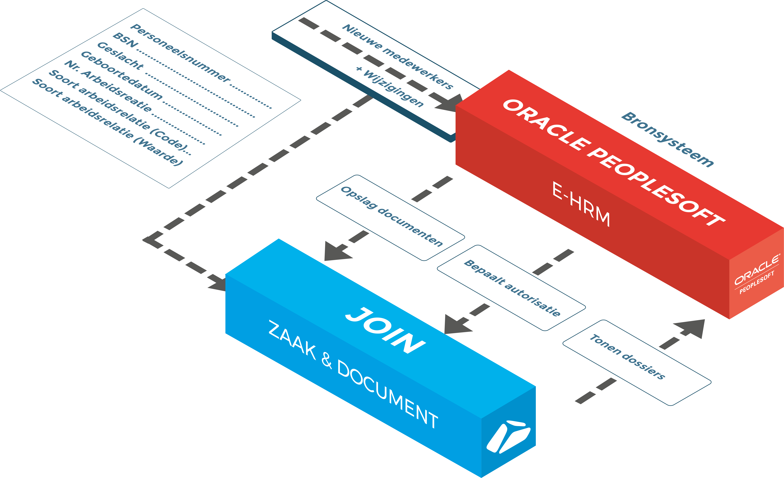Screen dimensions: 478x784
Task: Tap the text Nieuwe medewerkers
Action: [398, 57]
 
